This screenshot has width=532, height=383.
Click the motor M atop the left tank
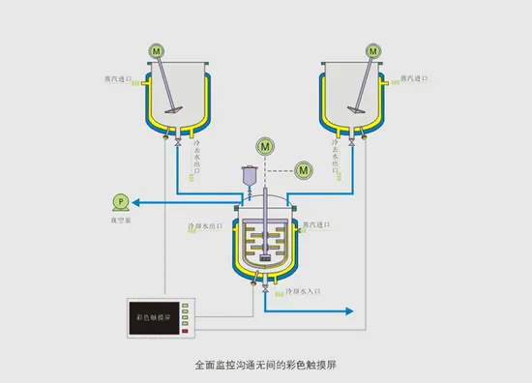pos(156,49)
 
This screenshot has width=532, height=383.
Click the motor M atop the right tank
pos(371,49)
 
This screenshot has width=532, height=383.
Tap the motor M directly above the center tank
pos(263,145)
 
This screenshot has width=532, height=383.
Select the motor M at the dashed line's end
pos(304,170)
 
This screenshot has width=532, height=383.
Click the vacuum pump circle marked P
pos(120,200)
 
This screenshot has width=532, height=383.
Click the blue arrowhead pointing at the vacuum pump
pos(135,201)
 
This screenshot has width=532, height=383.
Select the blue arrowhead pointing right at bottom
pos(353,311)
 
